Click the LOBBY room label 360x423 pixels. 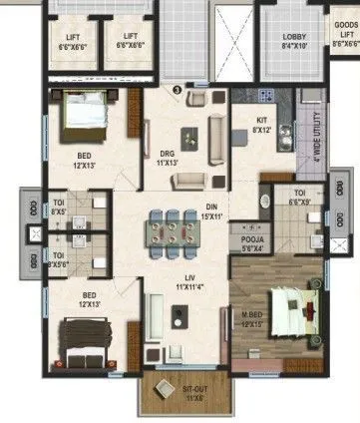pyautogui.click(x=295, y=41)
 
